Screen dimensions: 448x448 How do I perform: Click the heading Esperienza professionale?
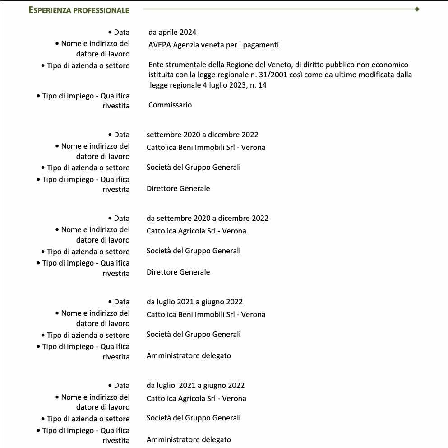click(79, 10)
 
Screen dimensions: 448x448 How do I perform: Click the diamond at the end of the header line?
click(417, 9)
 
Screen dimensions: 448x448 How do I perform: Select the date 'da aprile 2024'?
click(172, 33)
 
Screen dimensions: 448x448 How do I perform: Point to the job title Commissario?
click(170, 105)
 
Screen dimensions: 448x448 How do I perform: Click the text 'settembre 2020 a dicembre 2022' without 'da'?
click(203, 135)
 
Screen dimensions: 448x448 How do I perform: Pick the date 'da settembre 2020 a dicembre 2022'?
click(208, 219)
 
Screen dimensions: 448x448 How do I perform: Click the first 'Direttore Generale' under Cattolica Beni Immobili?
click(178, 189)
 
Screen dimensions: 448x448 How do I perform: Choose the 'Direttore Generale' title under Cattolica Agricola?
click(178, 272)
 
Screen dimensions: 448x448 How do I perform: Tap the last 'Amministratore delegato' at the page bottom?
click(189, 439)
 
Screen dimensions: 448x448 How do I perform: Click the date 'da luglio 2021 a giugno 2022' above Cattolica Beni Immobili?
click(194, 302)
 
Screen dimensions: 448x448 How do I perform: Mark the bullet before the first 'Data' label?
click(110, 33)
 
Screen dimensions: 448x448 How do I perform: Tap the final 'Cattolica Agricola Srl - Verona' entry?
click(196, 399)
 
